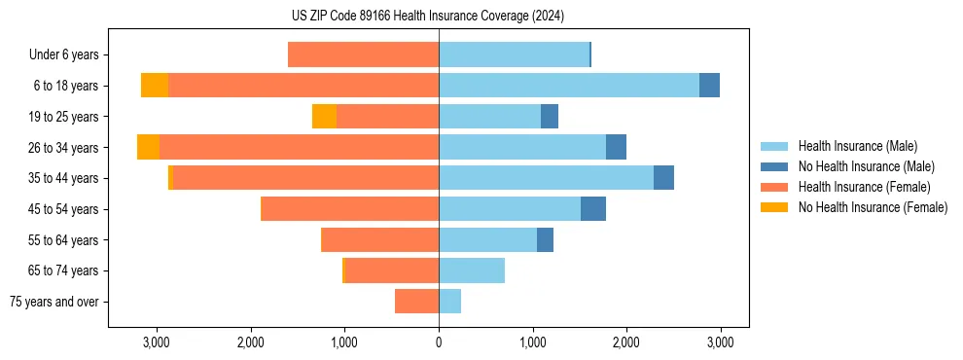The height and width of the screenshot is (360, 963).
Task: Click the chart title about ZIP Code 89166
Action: pyautogui.click(x=427, y=16)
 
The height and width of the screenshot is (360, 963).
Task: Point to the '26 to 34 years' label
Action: pyautogui.click(x=63, y=148)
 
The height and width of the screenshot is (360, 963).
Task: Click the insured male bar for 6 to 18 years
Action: pyautogui.click(x=569, y=86)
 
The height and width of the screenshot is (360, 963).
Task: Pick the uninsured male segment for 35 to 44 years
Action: pyautogui.click(x=663, y=178)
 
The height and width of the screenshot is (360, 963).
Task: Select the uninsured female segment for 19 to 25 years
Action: pyautogui.click(x=324, y=117)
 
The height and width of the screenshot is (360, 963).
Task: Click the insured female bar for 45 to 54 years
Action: pyautogui.click(x=350, y=209)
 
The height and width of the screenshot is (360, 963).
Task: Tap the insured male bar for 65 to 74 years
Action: pyautogui.click(x=472, y=270)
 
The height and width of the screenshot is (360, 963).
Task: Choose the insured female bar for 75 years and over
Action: pyautogui.click(x=416, y=302)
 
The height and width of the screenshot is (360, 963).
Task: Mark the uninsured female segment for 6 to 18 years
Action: pyautogui.click(x=155, y=86)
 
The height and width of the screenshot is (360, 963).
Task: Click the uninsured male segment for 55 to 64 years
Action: pyautogui.click(x=545, y=240)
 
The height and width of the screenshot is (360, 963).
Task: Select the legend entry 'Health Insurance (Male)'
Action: pyautogui.click(x=857, y=146)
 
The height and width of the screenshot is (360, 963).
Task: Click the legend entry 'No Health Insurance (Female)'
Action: pyautogui.click(x=873, y=207)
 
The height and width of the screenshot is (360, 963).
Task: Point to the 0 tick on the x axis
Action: pyautogui.click(x=439, y=343)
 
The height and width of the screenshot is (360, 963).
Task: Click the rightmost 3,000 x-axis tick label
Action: pyautogui.click(x=720, y=343)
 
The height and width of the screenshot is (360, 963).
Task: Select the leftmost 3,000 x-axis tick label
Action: pyautogui.click(x=157, y=343)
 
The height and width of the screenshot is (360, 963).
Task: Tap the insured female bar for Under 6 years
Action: pyautogui.click(x=364, y=54)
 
